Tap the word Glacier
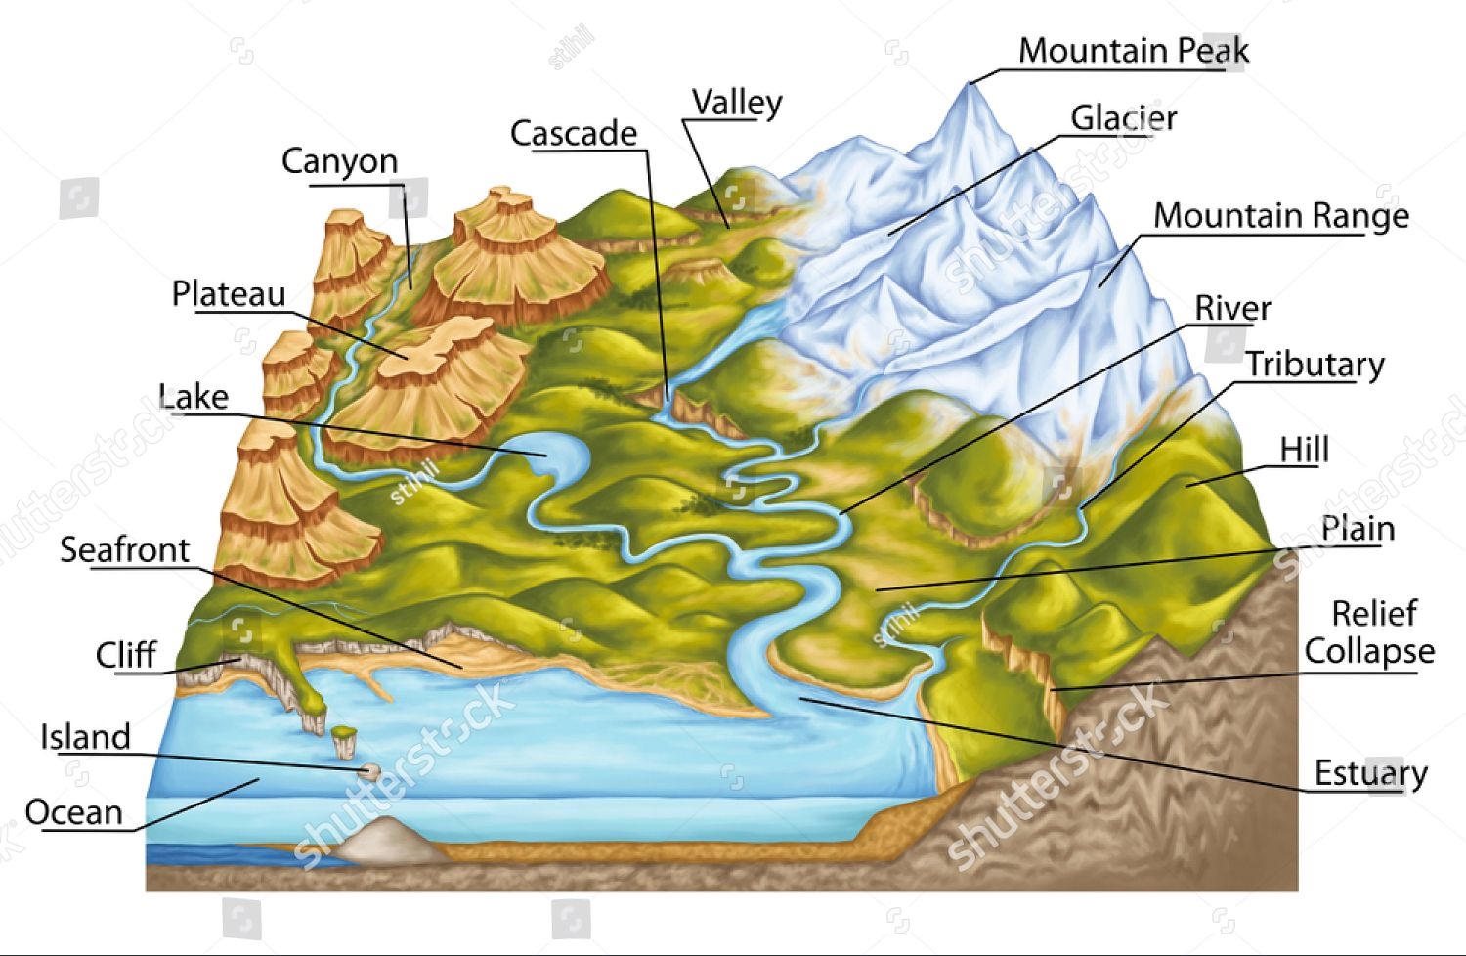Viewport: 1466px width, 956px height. click(1123, 118)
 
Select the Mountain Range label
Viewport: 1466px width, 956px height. click(1280, 215)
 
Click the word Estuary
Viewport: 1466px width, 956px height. click(1369, 773)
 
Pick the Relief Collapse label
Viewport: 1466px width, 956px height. click(1370, 631)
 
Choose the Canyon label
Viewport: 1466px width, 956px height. click(339, 160)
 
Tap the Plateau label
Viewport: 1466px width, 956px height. click(229, 293)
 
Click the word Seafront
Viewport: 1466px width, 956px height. click(124, 549)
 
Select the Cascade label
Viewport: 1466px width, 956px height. click(574, 133)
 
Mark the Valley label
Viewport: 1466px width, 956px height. click(737, 102)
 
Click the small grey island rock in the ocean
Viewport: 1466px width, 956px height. click(369, 772)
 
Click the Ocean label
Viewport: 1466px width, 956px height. click(73, 812)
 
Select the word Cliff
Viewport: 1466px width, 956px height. click(125, 655)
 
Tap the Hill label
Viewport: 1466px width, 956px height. click(1304, 450)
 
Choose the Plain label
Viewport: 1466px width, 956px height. click(1357, 529)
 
